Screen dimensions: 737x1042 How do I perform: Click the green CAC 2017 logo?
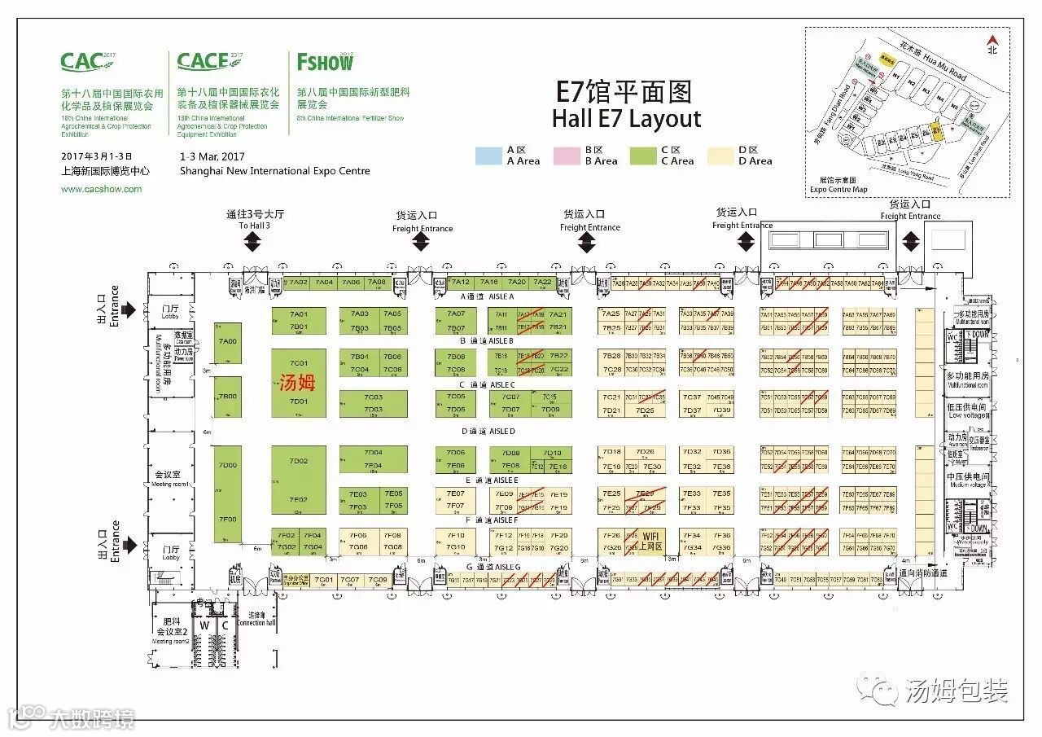pyautogui.click(x=83, y=62)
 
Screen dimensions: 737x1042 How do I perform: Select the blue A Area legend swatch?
pyautogui.click(x=488, y=156)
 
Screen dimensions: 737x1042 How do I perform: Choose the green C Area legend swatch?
pyautogui.click(x=646, y=156)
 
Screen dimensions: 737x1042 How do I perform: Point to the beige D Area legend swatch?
pyautogui.click(x=721, y=156)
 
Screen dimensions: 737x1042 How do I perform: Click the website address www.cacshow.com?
pyautogui.click(x=101, y=189)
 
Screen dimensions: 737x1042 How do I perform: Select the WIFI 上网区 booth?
pyautogui.click(x=651, y=541)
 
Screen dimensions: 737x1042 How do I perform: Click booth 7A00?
pyautogui.click(x=228, y=342)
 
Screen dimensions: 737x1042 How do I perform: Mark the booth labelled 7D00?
pyautogui.click(x=228, y=465)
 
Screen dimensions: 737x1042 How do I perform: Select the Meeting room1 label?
pyautogui.click(x=170, y=479)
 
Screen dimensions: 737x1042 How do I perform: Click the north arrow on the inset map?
pyautogui.click(x=992, y=41)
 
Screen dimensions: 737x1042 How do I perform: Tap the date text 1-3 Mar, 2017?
pyautogui.click(x=212, y=156)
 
